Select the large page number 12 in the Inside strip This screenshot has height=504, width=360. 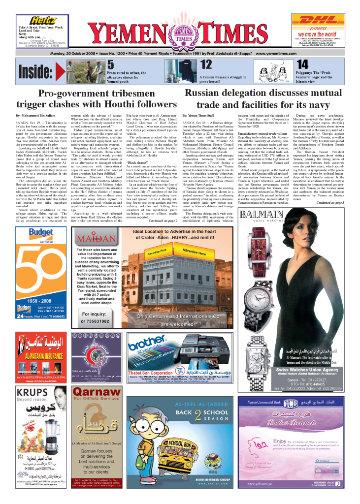pyautogui.click(x=206, y=64)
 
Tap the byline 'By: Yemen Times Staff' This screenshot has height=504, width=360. pyautogui.click(x=198, y=114)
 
